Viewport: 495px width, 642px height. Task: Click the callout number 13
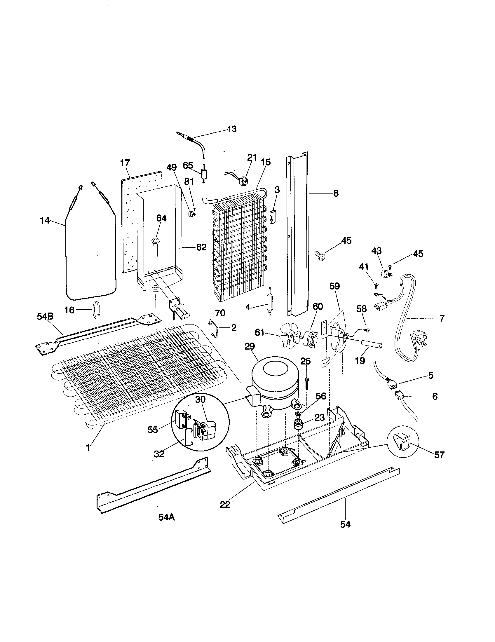(x=232, y=129)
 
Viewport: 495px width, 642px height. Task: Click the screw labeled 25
(x=306, y=383)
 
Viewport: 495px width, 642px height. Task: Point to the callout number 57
(x=439, y=455)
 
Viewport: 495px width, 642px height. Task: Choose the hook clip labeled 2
(x=217, y=329)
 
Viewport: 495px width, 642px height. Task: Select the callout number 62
(x=201, y=247)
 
